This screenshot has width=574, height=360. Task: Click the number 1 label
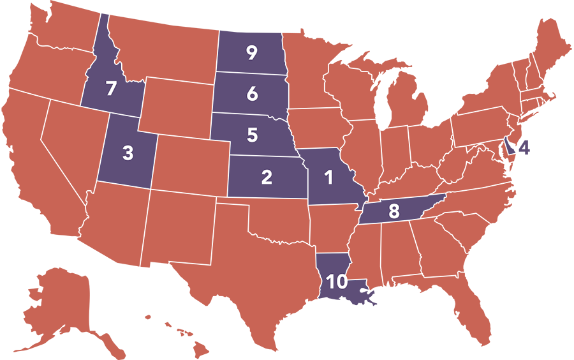click(x=329, y=178)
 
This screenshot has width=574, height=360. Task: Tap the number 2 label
click(x=267, y=177)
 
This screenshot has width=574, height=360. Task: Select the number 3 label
click(x=128, y=153)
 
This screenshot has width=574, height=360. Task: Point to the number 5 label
click(x=252, y=135)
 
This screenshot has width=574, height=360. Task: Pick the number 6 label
click(x=252, y=94)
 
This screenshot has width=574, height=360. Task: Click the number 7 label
click(x=111, y=89)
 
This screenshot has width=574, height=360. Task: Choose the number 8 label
click(x=394, y=211)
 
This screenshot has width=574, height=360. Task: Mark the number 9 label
click(x=251, y=54)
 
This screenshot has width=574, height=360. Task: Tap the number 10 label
click(x=337, y=281)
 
